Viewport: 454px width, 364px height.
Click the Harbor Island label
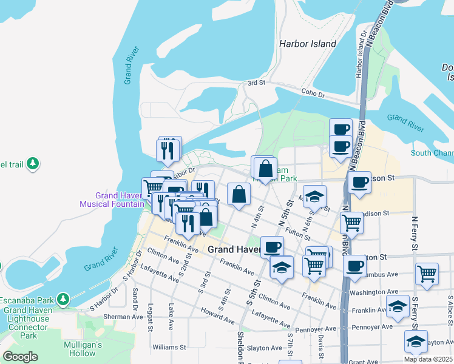click(x=307, y=44)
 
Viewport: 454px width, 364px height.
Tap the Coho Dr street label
click(x=314, y=93)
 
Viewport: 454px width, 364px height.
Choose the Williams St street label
click(x=169, y=348)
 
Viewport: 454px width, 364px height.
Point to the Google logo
click(x=20, y=357)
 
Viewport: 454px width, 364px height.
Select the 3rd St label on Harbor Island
click(x=257, y=83)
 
